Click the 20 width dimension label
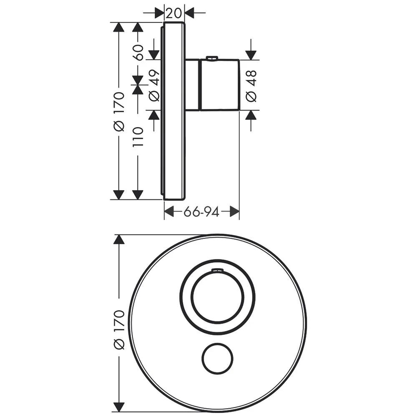pos(174,13)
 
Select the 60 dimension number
pos(138,52)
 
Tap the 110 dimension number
pos(138,137)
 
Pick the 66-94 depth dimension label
pos(201,212)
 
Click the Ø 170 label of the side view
pos(119,111)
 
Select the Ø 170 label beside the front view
pos(119,329)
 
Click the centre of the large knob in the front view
pos(218,297)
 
